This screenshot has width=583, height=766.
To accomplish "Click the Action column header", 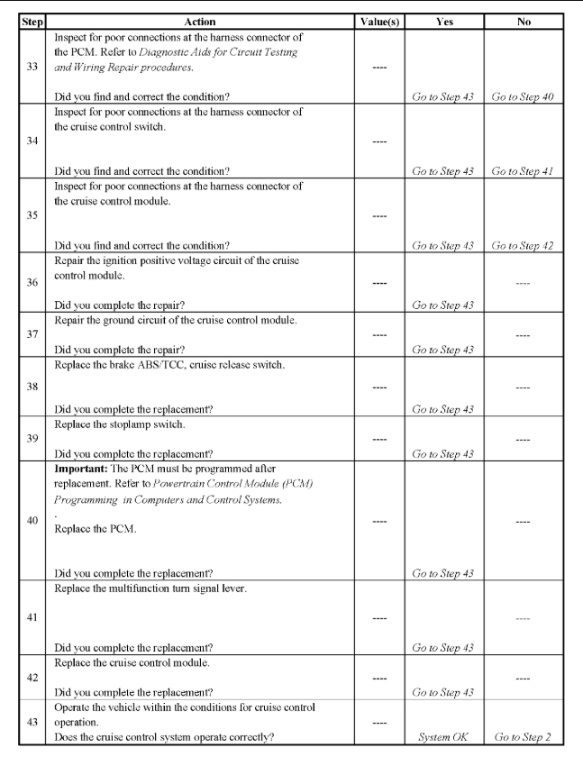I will click(x=205, y=20).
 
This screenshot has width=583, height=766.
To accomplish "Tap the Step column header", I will click(x=32, y=20).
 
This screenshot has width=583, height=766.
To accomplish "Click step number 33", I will click(x=32, y=66).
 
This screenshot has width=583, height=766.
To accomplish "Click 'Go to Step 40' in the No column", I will click(x=524, y=97).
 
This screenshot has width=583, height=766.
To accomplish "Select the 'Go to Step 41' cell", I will click(x=524, y=170).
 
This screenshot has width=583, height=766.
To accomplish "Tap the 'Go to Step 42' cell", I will click(x=524, y=245).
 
